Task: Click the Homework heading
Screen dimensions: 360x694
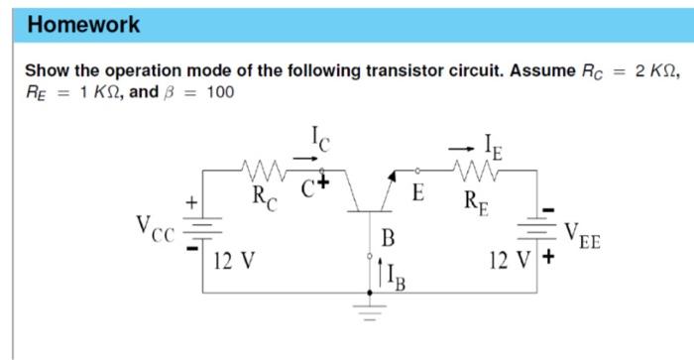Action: click(x=84, y=25)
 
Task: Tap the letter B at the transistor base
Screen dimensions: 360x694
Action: click(x=389, y=238)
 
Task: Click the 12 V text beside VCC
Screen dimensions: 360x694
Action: click(x=236, y=262)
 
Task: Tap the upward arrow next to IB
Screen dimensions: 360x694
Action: click(x=378, y=273)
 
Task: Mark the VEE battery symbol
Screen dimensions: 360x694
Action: click(x=536, y=230)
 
